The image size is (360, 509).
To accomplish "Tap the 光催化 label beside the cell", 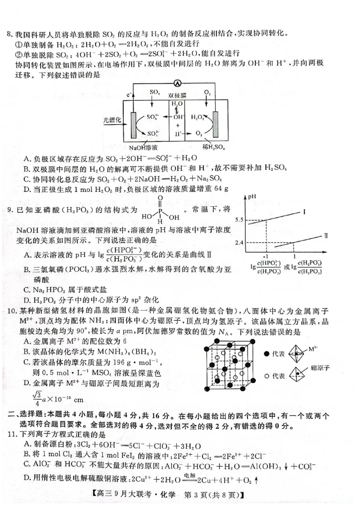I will pos(112,120).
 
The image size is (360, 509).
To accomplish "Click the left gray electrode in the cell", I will pos(134,123).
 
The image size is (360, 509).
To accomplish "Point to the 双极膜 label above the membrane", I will pos(177,96).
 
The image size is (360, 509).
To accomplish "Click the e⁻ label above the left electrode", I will pos(130,95).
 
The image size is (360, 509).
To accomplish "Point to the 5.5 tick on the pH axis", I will pos(238,220).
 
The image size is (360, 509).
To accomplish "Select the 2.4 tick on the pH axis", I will pos(238,243).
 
